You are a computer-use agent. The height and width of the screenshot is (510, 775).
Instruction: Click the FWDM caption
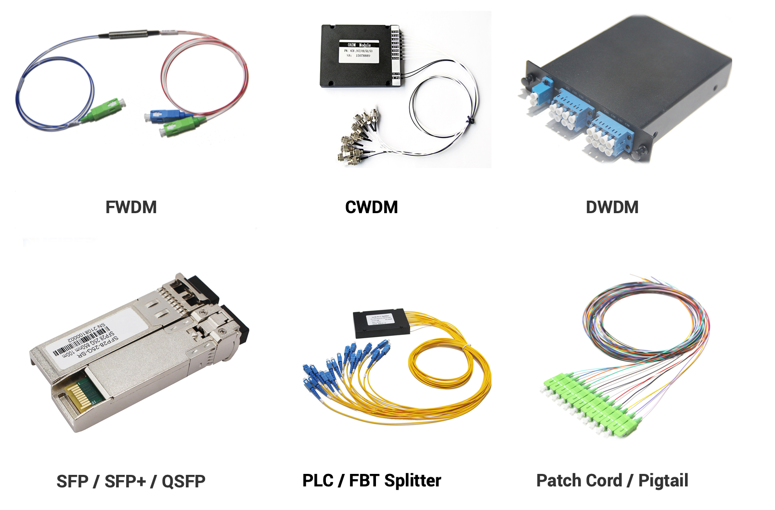[x=131, y=207]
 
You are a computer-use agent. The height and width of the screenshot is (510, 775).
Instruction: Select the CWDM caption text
[x=371, y=207]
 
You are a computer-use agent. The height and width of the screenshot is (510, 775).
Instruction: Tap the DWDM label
[x=612, y=207]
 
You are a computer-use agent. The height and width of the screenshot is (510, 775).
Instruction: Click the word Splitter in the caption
[x=413, y=481]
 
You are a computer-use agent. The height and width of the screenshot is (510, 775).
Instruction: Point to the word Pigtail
[x=663, y=481]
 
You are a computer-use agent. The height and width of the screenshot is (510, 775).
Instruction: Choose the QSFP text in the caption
[x=183, y=481]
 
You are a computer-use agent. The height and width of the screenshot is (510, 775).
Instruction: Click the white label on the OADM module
[x=359, y=51]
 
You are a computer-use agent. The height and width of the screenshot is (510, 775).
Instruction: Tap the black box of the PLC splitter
[x=382, y=323]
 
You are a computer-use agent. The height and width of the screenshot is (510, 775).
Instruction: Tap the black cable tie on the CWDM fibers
[x=470, y=120]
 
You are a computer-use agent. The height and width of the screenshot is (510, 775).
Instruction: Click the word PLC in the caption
[x=318, y=481]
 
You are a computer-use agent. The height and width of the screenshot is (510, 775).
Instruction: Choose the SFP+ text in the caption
[x=125, y=481]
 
